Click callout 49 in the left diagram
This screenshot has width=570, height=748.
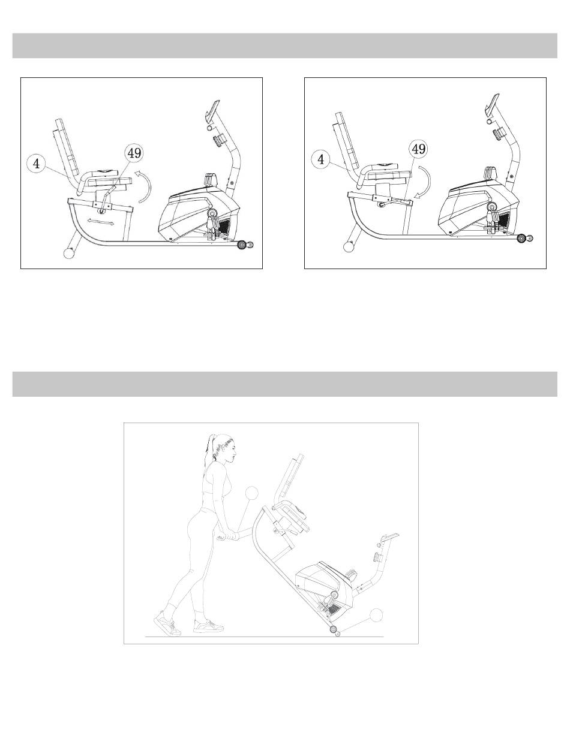click(x=134, y=153)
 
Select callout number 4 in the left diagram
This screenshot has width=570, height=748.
click(x=36, y=164)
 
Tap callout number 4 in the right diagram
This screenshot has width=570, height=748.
click(x=320, y=159)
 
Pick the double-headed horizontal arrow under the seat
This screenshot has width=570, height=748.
click(x=101, y=222)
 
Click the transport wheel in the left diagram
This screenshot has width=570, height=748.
click(x=242, y=245)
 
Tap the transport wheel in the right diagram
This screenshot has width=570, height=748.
click(x=521, y=238)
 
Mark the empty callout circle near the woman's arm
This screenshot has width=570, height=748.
click(x=252, y=493)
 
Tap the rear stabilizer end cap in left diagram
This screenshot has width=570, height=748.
click(x=69, y=253)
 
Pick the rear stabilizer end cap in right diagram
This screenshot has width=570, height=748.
click(x=349, y=246)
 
